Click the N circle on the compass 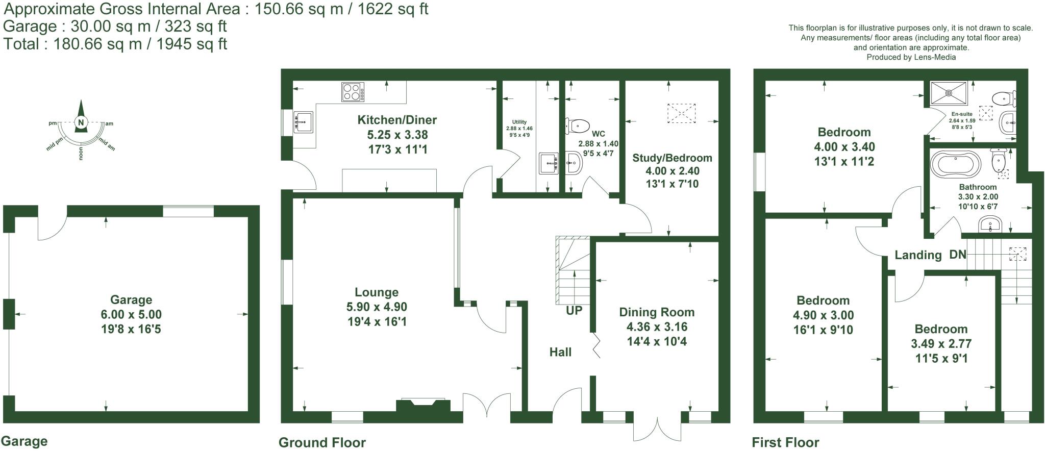81,122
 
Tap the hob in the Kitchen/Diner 353,92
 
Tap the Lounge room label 377,292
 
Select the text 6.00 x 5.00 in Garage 131,315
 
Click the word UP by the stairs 574,310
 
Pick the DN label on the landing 958,254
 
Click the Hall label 560,352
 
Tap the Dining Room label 657,312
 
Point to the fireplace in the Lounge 423,405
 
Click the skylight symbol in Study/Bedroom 682,113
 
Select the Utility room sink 549,163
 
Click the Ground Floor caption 322,442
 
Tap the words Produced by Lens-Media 911,57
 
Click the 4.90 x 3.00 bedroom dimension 823,315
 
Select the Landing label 918,255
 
